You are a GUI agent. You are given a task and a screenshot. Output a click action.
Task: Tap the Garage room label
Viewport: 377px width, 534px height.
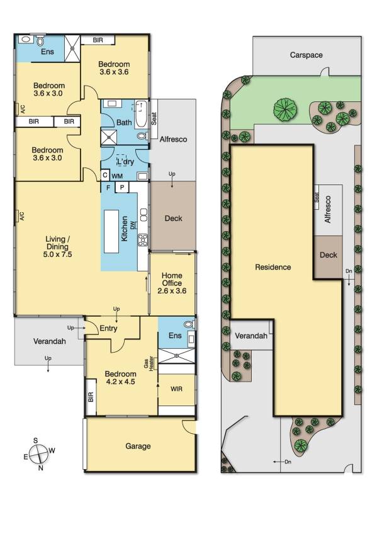pos(138,446)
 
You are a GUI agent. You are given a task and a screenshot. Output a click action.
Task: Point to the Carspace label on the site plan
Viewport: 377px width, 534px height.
pos(307,55)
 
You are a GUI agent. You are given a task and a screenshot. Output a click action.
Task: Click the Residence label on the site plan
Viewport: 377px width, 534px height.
pos(273,267)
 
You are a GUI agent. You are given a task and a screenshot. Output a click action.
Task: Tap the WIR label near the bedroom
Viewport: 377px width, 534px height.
pos(177,389)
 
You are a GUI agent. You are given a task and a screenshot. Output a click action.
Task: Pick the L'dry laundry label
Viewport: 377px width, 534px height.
pos(126,162)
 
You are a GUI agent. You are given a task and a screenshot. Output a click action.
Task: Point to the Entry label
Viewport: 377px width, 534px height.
pos(99,327)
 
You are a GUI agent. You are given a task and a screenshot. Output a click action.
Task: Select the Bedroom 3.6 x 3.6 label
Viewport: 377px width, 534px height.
pos(114,68)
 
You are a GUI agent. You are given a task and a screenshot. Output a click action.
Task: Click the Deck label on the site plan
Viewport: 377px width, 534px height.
pos(329,255)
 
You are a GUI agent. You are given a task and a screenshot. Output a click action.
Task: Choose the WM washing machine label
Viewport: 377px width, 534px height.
pos(117,176)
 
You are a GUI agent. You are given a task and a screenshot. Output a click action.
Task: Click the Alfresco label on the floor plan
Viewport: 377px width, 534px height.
pos(174,139)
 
